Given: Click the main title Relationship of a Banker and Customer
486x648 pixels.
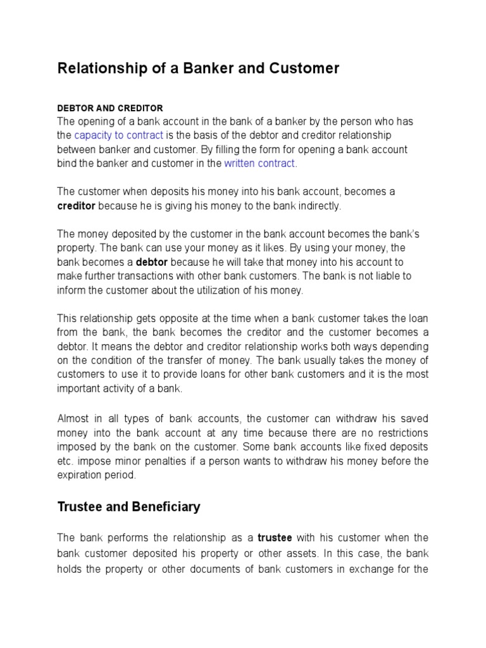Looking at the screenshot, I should (198, 68).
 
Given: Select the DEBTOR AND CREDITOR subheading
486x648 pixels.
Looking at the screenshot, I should (110, 108).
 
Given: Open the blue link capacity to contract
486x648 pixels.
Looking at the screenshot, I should (119, 135).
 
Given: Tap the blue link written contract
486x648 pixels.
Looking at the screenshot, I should (259, 163).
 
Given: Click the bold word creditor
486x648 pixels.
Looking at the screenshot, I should (77, 206).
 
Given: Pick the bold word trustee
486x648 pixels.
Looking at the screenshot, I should (275, 538).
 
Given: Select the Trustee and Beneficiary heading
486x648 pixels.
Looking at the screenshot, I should (129, 507).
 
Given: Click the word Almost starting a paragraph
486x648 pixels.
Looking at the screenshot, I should (74, 418).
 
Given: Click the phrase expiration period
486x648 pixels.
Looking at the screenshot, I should (96, 475).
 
